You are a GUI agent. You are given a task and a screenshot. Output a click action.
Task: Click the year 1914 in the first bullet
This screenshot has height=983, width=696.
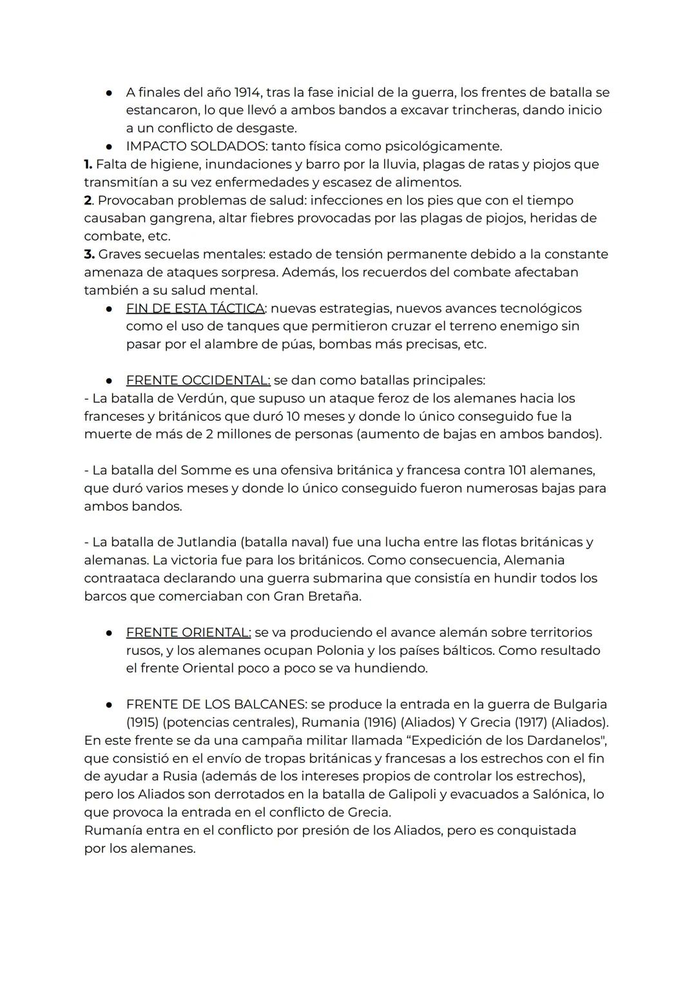coord(247,92)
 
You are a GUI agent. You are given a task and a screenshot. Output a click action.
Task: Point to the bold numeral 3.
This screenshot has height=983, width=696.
coord(89,254)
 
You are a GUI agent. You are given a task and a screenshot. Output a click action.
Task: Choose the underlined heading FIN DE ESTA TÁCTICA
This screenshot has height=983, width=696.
coord(195,308)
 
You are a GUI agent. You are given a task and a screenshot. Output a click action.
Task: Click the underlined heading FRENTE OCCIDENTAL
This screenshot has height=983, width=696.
coord(198,380)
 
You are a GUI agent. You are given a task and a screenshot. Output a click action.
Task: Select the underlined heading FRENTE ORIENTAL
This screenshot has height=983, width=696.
coord(188,632)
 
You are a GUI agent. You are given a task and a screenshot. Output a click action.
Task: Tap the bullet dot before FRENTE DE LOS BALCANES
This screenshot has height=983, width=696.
coord(110,705)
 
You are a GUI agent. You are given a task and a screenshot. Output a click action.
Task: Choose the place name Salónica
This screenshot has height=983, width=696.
coord(559,794)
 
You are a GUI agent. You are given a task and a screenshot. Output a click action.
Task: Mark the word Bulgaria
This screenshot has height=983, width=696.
coord(580,705)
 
